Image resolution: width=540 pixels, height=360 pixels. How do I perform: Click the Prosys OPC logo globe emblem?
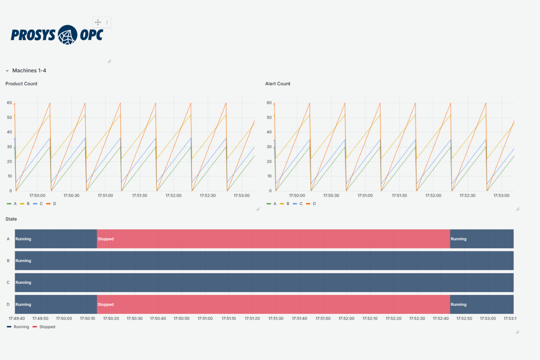[x=67, y=35]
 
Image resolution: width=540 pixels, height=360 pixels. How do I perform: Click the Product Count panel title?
[x=21, y=84]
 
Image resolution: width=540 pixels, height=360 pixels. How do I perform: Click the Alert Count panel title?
[x=278, y=84]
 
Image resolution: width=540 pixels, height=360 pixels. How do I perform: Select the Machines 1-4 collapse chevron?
[x=7, y=71]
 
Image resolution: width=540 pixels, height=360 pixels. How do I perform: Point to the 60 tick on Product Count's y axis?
[x=9, y=103]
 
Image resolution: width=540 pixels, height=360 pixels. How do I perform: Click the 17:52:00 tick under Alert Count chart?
[x=433, y=195]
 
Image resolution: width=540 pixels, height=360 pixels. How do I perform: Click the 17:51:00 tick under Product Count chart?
[x=105, y=195]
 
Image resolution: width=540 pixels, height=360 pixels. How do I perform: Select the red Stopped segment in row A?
[x=273, y=239]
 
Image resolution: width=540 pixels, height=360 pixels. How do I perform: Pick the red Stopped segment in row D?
[x=273, y=304]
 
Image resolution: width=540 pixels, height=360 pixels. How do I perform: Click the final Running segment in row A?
[x=482, y=239]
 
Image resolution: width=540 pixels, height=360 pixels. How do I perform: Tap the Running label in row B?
[x=23, y=261]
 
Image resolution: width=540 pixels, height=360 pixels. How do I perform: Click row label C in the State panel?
[x=8, y=283]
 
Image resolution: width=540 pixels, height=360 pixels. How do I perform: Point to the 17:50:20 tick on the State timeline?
[x=111, y=319]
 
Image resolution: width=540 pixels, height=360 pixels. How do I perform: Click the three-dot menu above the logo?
[x=107, y=22]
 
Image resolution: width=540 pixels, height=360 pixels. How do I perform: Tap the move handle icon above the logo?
[x=98, y=22]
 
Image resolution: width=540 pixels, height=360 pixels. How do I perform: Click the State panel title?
[x=11, y=219]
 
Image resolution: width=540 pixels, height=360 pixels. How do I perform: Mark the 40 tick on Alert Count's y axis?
[x=269, y=132]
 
